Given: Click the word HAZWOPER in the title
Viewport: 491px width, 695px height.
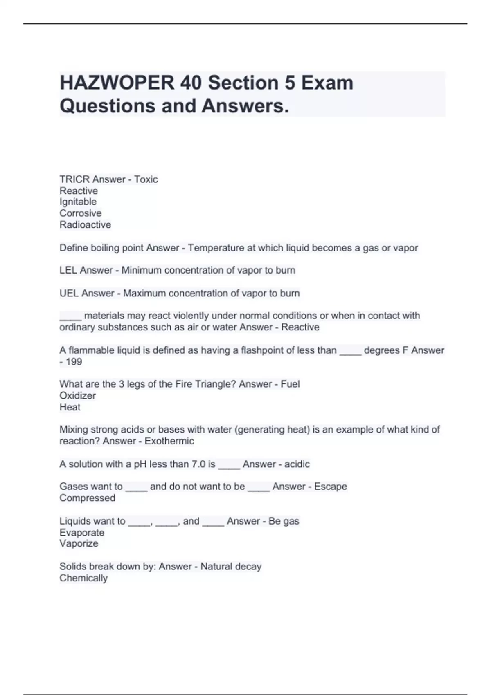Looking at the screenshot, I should coord(117,83).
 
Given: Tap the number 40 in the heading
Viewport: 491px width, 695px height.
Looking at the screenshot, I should coord(190,83).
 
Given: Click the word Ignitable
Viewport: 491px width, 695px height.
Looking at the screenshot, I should coord(78,202).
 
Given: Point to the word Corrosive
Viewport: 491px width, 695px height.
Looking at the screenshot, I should coord(81,213).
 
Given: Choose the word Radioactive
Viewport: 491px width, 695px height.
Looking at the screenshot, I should coord(85,225).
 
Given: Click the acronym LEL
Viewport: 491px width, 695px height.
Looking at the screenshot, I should coord(68,270).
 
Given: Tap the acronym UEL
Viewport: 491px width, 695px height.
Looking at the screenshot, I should coord(69,294).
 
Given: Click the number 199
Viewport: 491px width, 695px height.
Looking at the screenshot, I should coord(74,362).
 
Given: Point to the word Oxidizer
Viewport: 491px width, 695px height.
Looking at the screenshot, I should coord(78,396).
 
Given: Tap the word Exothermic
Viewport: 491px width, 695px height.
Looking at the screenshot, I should coord(169,441).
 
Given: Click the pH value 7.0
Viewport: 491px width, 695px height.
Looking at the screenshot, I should coord(198,464).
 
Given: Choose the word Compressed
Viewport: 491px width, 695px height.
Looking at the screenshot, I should coord(87,498).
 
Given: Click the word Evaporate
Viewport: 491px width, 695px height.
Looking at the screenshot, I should coord(82,533).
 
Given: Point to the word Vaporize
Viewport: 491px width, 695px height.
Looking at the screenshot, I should coord(79,544).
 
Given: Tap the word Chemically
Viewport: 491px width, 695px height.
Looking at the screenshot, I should coord(83,578).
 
